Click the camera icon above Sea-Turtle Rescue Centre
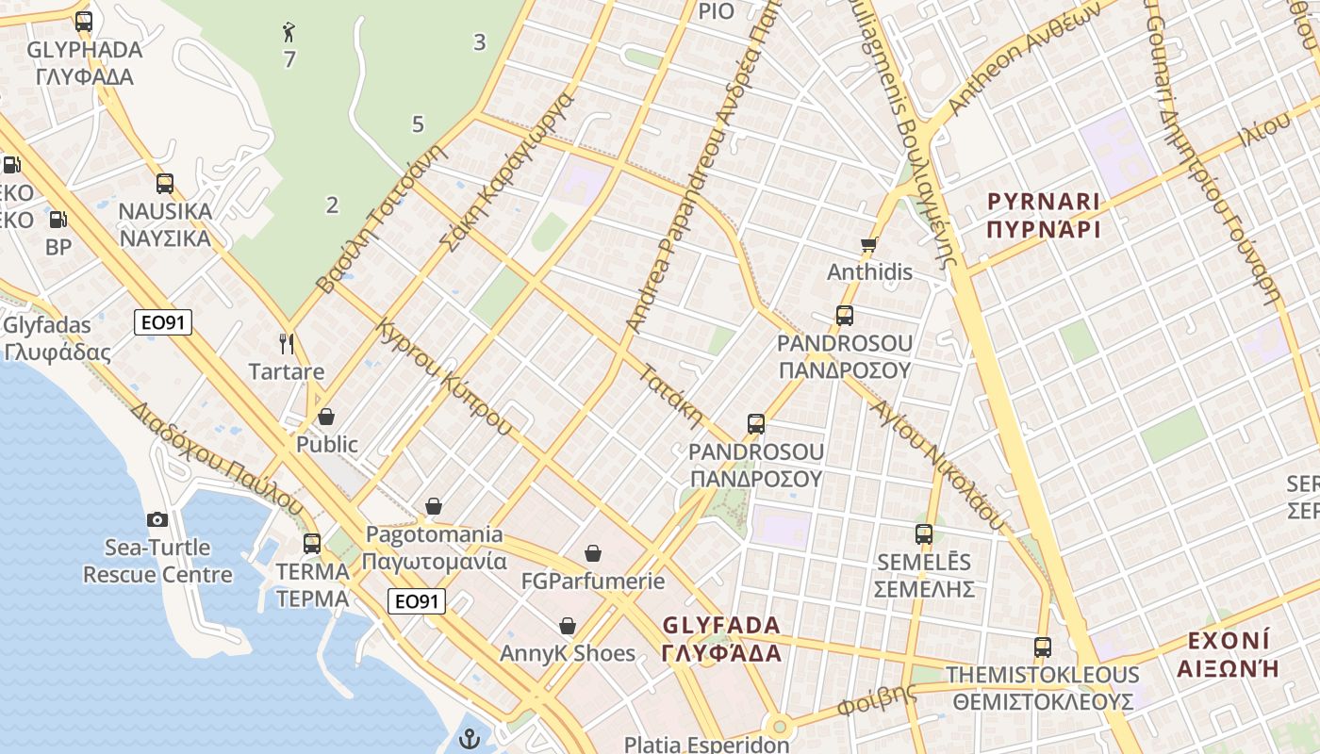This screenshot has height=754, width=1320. [157, 519]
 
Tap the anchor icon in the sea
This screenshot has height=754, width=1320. [470, 739]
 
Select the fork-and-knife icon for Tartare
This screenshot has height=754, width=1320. [287, 343]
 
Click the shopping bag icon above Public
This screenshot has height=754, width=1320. [326, 416]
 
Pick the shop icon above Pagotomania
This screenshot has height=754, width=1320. [434, 506]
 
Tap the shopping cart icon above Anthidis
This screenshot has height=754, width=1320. [869, 245]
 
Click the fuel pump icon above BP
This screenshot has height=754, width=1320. [58, 220]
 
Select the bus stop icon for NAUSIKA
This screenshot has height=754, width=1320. [165, 183]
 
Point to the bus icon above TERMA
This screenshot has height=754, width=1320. [312, 544]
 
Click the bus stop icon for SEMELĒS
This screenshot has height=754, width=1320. [924, 534]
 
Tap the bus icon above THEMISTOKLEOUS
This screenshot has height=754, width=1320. [1043, 647]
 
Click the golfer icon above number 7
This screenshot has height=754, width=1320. [289, 33]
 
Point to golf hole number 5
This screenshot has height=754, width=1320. [418, 123]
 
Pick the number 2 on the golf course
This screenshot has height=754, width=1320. [332, 205]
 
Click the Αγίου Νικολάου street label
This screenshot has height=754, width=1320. [937, 462]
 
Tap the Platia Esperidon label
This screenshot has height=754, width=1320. [707, 745]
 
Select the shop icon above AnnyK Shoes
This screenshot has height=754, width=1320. [568, 626]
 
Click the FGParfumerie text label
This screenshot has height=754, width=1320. [593, 581]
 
